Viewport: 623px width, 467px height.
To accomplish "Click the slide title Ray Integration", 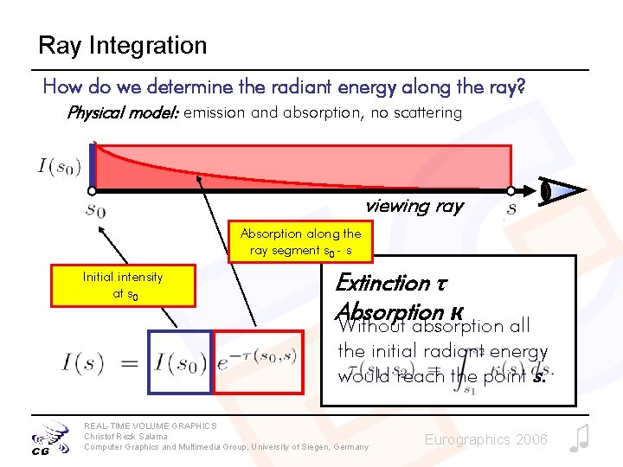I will [x=122, y=45].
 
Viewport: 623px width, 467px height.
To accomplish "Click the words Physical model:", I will [x=122, y=112].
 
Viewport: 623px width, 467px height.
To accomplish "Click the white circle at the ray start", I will [x=92, y=190].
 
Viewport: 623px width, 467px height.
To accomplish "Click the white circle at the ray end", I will [x=511, y=190].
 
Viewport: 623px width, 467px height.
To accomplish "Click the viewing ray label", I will [x=414, y=207].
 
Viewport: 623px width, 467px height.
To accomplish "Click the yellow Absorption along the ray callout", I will [x=300, y=242].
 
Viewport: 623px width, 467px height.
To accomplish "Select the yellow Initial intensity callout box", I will [x=122, y=285].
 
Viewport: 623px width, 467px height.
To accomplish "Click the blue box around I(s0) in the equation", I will [x=179, y=361].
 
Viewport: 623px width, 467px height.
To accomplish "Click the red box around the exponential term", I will [x=258, y=361].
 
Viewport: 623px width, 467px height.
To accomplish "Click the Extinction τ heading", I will [x=382, y=283].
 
